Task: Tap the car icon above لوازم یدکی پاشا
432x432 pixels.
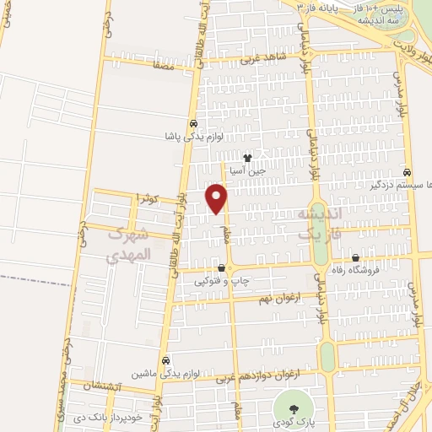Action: [195, 121]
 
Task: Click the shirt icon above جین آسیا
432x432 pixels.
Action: [247, 157]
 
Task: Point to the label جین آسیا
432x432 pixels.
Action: [250, 170]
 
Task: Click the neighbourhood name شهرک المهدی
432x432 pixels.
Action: [129, 244]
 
